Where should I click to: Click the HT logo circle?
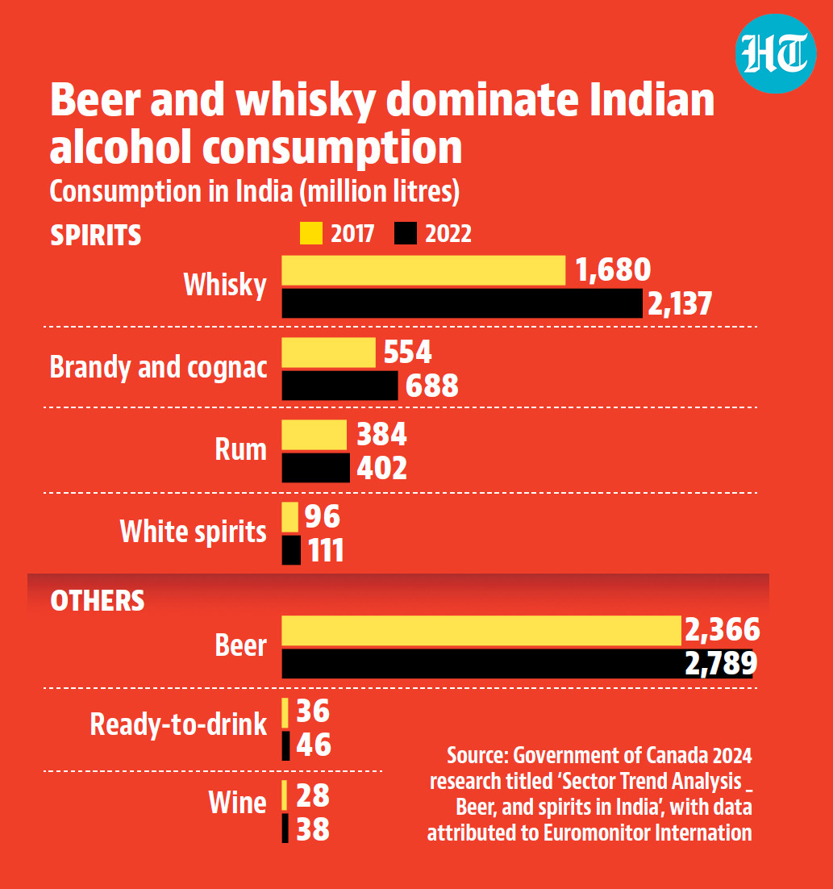point(776,54)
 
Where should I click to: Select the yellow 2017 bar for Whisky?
point(423,270)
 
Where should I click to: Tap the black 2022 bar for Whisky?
point(462,303)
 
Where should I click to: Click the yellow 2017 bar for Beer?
point(481,631)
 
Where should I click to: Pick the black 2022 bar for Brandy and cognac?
point(339,386)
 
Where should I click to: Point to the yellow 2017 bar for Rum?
point(314,435)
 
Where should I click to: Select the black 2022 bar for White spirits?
point(291,550)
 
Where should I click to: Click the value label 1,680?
point(613,270)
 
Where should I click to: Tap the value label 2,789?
point(721,663)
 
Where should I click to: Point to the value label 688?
point(431,386)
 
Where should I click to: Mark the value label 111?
point(326,550)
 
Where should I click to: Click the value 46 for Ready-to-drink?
point(314,745)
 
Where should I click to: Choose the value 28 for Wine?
point(313,795)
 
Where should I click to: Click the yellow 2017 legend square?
point(311,233)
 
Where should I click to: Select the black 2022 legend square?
point(406,233)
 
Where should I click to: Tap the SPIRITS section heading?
point(96,236)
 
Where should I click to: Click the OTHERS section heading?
point(98,601)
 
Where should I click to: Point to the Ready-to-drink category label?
point(178,724)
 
